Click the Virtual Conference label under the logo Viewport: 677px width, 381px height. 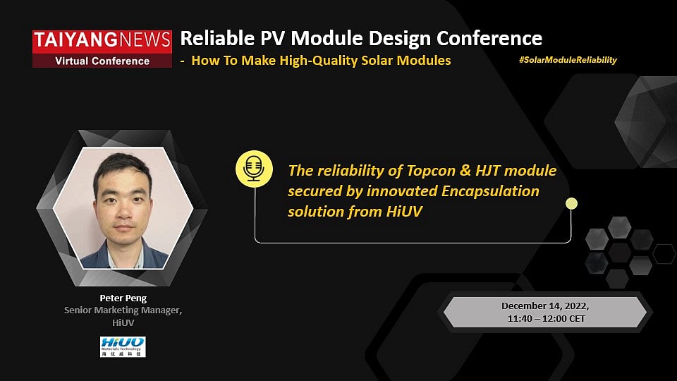(102, 61)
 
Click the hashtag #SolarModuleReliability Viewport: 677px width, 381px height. (567, 60)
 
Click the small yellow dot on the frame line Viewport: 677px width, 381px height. (571, 204)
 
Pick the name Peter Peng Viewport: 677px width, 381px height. (123, 298)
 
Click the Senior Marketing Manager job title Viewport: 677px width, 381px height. (123, 310)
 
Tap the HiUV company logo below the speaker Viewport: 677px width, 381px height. (123, 346)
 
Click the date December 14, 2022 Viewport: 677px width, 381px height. (545, 306)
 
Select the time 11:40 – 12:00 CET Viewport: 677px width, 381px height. (545, 318)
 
